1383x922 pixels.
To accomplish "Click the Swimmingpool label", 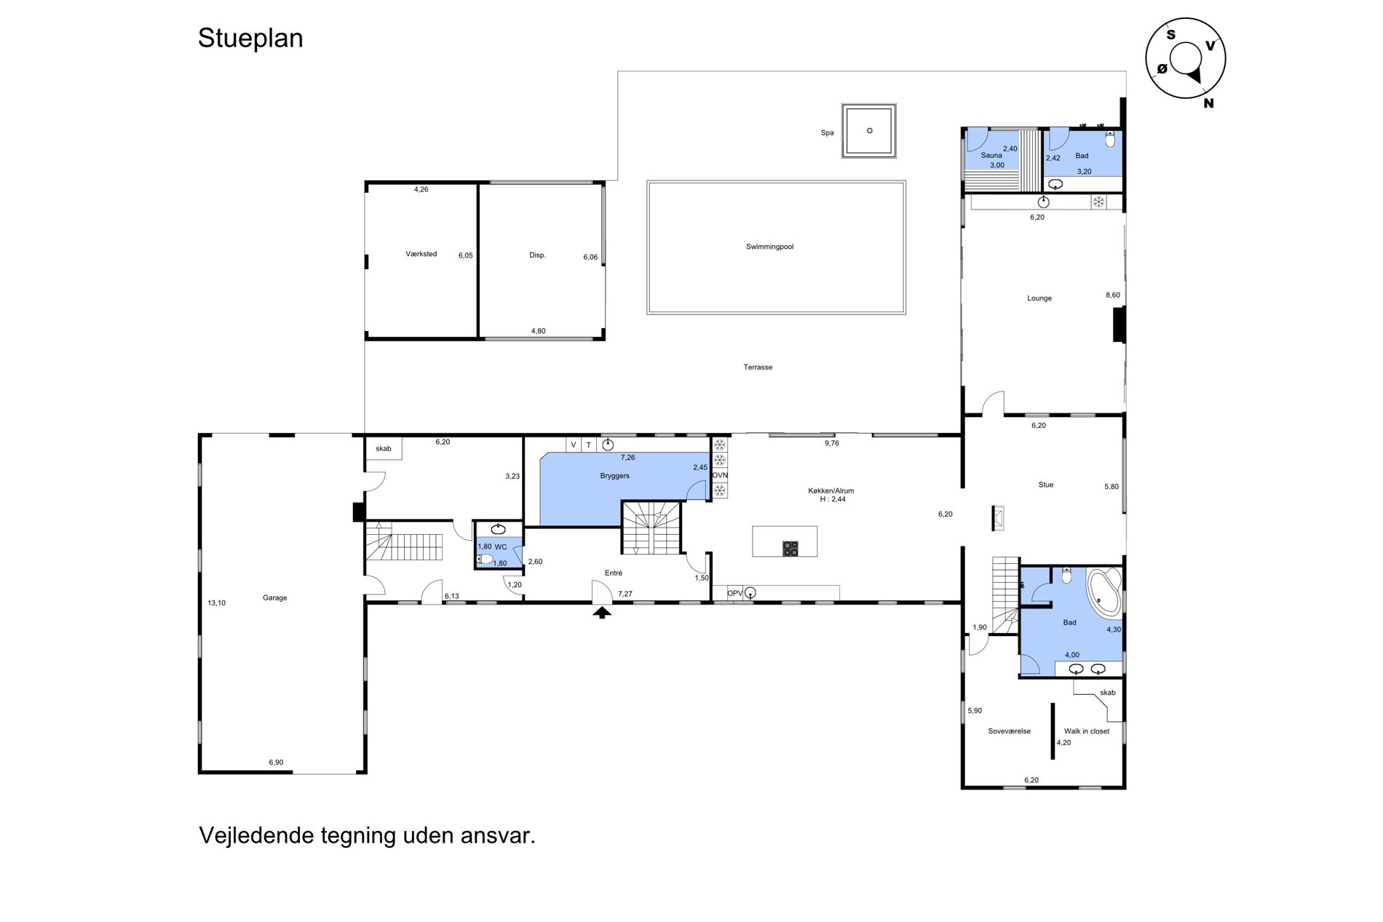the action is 769,247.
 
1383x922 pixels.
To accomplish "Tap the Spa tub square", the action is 869,131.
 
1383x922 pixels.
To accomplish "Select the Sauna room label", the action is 991,155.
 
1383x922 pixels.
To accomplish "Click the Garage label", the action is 275,598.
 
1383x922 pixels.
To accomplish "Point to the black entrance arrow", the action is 601,612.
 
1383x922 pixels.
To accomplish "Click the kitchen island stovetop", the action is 790,549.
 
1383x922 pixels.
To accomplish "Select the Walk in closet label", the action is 1087,731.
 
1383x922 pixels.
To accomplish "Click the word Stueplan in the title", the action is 250,39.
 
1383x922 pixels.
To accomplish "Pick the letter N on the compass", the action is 1208,103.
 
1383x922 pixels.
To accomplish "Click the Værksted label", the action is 421,254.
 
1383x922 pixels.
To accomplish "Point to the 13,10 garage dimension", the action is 216,603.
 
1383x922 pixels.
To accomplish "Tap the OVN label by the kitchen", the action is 720,475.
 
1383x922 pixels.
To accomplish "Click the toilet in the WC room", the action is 484,559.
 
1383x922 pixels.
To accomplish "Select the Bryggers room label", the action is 615,476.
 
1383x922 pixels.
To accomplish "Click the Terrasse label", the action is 758,367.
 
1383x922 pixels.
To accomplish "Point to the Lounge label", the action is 1039,298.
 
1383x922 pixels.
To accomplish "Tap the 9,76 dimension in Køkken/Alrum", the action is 832,442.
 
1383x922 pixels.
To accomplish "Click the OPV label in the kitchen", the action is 735,594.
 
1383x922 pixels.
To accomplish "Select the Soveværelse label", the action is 1010,731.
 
